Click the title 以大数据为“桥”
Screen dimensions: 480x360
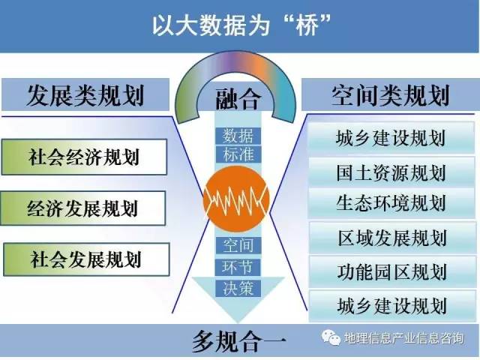click(x=241, y=25)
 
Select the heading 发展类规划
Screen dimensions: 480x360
click(x=85, y=95)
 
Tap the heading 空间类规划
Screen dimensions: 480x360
click(x=390, y=95)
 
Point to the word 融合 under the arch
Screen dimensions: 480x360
click(x=238, y=99)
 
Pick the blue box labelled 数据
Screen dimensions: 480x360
click(x=238, y=136)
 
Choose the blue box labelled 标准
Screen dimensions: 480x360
click(x=238, y=154)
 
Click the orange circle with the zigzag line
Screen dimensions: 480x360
click(x=236, y=199)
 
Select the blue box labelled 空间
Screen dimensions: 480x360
click(x=238, y=245)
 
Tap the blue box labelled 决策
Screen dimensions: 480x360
click(x=238, y=288)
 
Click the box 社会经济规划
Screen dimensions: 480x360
click(x=84, y=157)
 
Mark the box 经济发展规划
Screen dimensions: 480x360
click(x=83, y=208)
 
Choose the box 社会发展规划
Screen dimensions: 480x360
click(x=86, y=259)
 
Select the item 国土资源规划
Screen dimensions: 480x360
click(x=391, y=172)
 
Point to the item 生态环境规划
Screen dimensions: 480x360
click(x=391, y=202)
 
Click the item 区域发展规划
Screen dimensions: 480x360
click(x=392, y=238)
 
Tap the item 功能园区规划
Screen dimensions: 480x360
click(x=392, y=271)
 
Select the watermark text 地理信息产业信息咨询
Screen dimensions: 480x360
click(x=404, y=338)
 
